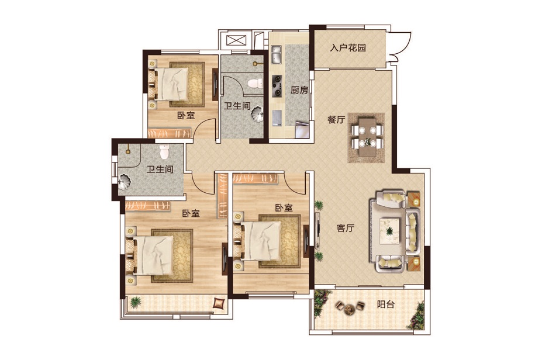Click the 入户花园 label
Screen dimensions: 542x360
[348, 48]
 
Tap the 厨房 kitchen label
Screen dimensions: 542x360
[299, 90]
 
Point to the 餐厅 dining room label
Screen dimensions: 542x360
[336, 120]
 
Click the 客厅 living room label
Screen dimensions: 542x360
[346, 228]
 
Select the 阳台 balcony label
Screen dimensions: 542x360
[386, 304]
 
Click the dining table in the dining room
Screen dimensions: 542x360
[367, 137]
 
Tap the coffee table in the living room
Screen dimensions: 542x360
[389, 230]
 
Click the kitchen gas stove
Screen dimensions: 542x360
[277, 86]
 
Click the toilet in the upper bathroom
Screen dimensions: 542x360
[255, 83]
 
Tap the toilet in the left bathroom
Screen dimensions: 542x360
[164, 151]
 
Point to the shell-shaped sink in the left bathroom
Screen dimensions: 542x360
[125, 182]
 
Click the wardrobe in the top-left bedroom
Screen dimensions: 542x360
[170, 133]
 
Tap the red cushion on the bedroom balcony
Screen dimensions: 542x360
[219, 303]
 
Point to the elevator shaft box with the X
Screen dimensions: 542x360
[237, 41]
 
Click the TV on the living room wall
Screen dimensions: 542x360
[317, 230]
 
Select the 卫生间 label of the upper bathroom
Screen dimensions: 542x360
[237, 105]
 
